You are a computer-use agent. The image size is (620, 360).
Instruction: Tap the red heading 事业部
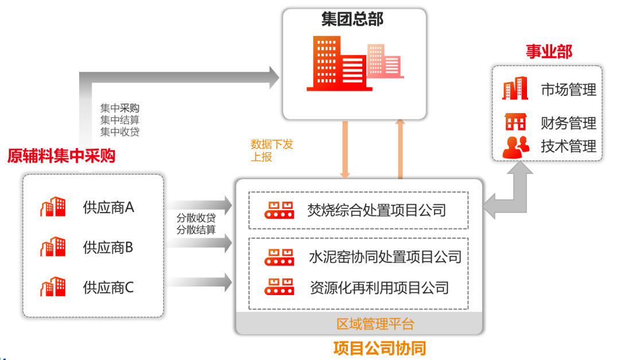coord(549,52)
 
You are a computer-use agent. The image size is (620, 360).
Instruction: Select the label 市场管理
coord(568,90)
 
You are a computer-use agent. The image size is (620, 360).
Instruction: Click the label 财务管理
coord(568,123)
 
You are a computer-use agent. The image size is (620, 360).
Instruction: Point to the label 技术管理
coord(568,146)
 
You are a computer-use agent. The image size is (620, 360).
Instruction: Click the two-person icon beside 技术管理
coord(516,147)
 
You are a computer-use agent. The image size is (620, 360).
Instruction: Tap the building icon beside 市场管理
coord(515,89)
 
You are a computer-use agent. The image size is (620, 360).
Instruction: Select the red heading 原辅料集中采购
coord(61,156)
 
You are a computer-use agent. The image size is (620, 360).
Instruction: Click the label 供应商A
coord(108,207)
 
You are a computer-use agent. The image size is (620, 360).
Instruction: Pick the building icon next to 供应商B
coord(53,247)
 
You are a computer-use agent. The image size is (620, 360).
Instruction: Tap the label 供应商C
coord(108,287)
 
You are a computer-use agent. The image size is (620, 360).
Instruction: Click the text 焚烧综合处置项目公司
coord(377,210)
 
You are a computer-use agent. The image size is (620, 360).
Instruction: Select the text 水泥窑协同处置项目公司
coord(385,256)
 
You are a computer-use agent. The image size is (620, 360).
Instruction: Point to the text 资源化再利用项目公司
coord(379,287)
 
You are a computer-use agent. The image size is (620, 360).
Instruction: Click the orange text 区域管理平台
coord(375,324)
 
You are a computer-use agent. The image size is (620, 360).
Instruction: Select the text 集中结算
coord(119,119)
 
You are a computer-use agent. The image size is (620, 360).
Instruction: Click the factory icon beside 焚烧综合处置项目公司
coord(279,210)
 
